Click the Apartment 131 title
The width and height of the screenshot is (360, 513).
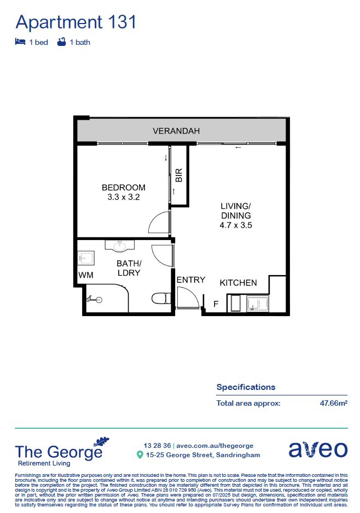[x=76, y=22]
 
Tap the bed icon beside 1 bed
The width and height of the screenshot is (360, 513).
[x=20, y=42]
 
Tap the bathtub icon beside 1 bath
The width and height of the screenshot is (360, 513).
[x=61, y=42]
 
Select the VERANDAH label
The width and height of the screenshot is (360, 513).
[x=176, y=131]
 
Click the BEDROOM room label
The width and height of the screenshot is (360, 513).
[x=124, y=188]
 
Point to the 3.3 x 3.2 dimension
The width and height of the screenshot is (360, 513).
[x=124, y=197]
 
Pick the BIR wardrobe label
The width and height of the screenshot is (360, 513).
[x=178, y=175]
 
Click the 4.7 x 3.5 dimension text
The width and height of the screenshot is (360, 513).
[x=236, y=225]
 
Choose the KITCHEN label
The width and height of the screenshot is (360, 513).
[x=239, y=283]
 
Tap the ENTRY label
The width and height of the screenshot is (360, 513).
[x=191, y=280]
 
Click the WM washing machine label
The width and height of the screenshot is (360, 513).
[x=85, y=275]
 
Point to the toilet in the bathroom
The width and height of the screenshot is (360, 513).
[x=159, y=299]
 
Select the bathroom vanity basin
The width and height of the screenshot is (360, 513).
[x=119, y=246]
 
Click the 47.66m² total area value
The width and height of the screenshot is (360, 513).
[x=334, y=404]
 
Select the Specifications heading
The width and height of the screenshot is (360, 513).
[x=246, y=387]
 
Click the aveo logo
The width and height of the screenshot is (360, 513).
[x=318, y=449]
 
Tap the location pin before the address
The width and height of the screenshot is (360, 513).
[x=140, y=455]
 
